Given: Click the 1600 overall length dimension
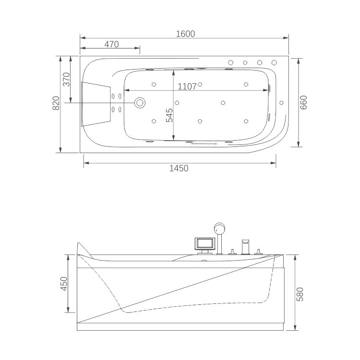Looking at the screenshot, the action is pyautogui.click(x=185, y=34).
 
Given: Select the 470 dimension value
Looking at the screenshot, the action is pyautogui.click(x=111, y=44).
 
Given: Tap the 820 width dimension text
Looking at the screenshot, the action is pyautogui.click(x=56, y=103).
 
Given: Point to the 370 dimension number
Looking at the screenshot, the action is pyautogui.click(x=66, y=79).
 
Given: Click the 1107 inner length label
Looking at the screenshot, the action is pyautogui.click(x=187, y=86).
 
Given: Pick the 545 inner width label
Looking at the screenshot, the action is pyautogui.click(x=169, y=115).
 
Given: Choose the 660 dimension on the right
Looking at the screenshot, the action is pyautogui.click(x=303, y=102).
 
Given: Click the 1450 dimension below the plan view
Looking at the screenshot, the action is pyautogui.click(x=179, y=168).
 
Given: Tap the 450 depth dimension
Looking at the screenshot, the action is pyautogui.click(x=64, y=284).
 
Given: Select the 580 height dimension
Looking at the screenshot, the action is pyautogui.click(x=300, y=294).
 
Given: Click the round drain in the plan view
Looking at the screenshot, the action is pyautogui.click(x=140, y=103).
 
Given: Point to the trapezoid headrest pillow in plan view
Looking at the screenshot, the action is pyautogui.click(x=96, y=104).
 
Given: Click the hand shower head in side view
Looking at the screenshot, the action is pyautogui.click(x=219, y=228).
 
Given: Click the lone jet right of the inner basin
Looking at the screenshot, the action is pyautogui.click(x=281, y=103).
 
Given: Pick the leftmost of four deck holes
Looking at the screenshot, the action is pyautogui.click(x=231, y=62).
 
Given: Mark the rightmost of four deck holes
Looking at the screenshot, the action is pyautogui.click(x=274, y=62).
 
